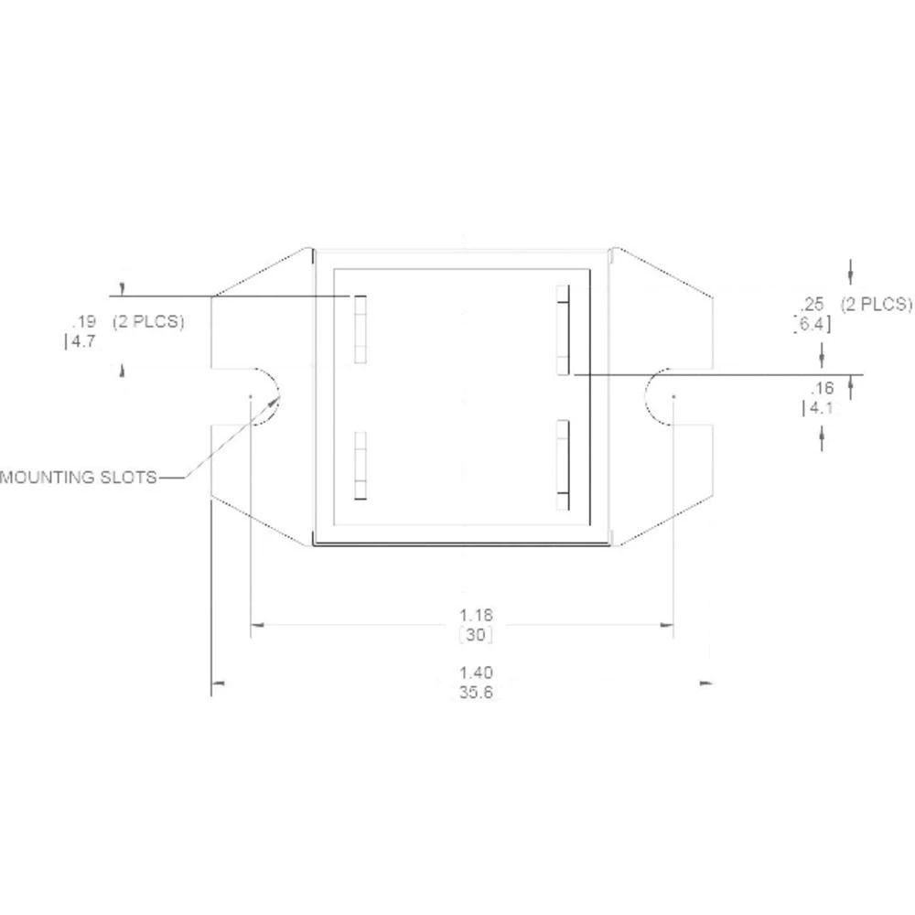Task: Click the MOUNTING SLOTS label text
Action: (x=78, y=477)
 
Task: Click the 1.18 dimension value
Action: (x=476, y=615)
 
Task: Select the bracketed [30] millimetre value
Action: (x=476, y=634)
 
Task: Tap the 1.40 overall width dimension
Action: (x=476, y=674)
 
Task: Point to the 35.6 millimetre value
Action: (x=476, y=694)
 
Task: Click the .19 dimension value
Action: (x=83, y=322)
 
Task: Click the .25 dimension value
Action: (x=812, y=304)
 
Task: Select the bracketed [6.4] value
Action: (x=812, y=323)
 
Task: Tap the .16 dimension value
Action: (x=823, y=388)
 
